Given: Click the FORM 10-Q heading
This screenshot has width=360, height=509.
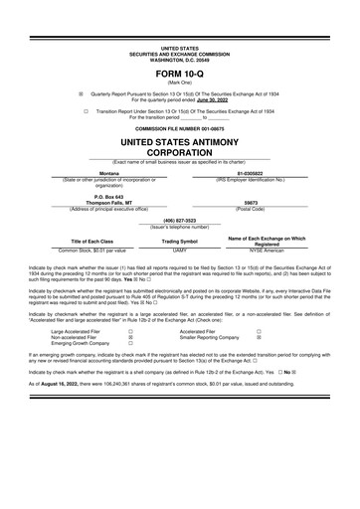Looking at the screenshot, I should pyautogui.click(x=179, y=75).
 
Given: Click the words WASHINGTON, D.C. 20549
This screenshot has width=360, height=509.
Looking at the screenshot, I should pyautogui.click(x=179, y=58).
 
